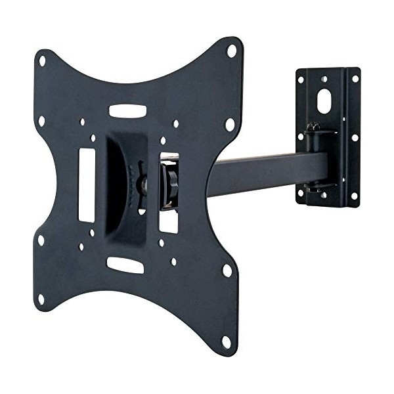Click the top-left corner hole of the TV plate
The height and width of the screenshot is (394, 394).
(43, 60)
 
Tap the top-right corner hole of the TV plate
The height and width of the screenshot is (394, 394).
(231, 51)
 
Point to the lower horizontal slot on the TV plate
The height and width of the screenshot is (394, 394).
(125, 265)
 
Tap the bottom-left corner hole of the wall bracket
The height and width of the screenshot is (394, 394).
(301, 193)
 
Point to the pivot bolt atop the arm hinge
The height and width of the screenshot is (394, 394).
(315, 127)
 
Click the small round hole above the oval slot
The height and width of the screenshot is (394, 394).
(324, 80)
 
